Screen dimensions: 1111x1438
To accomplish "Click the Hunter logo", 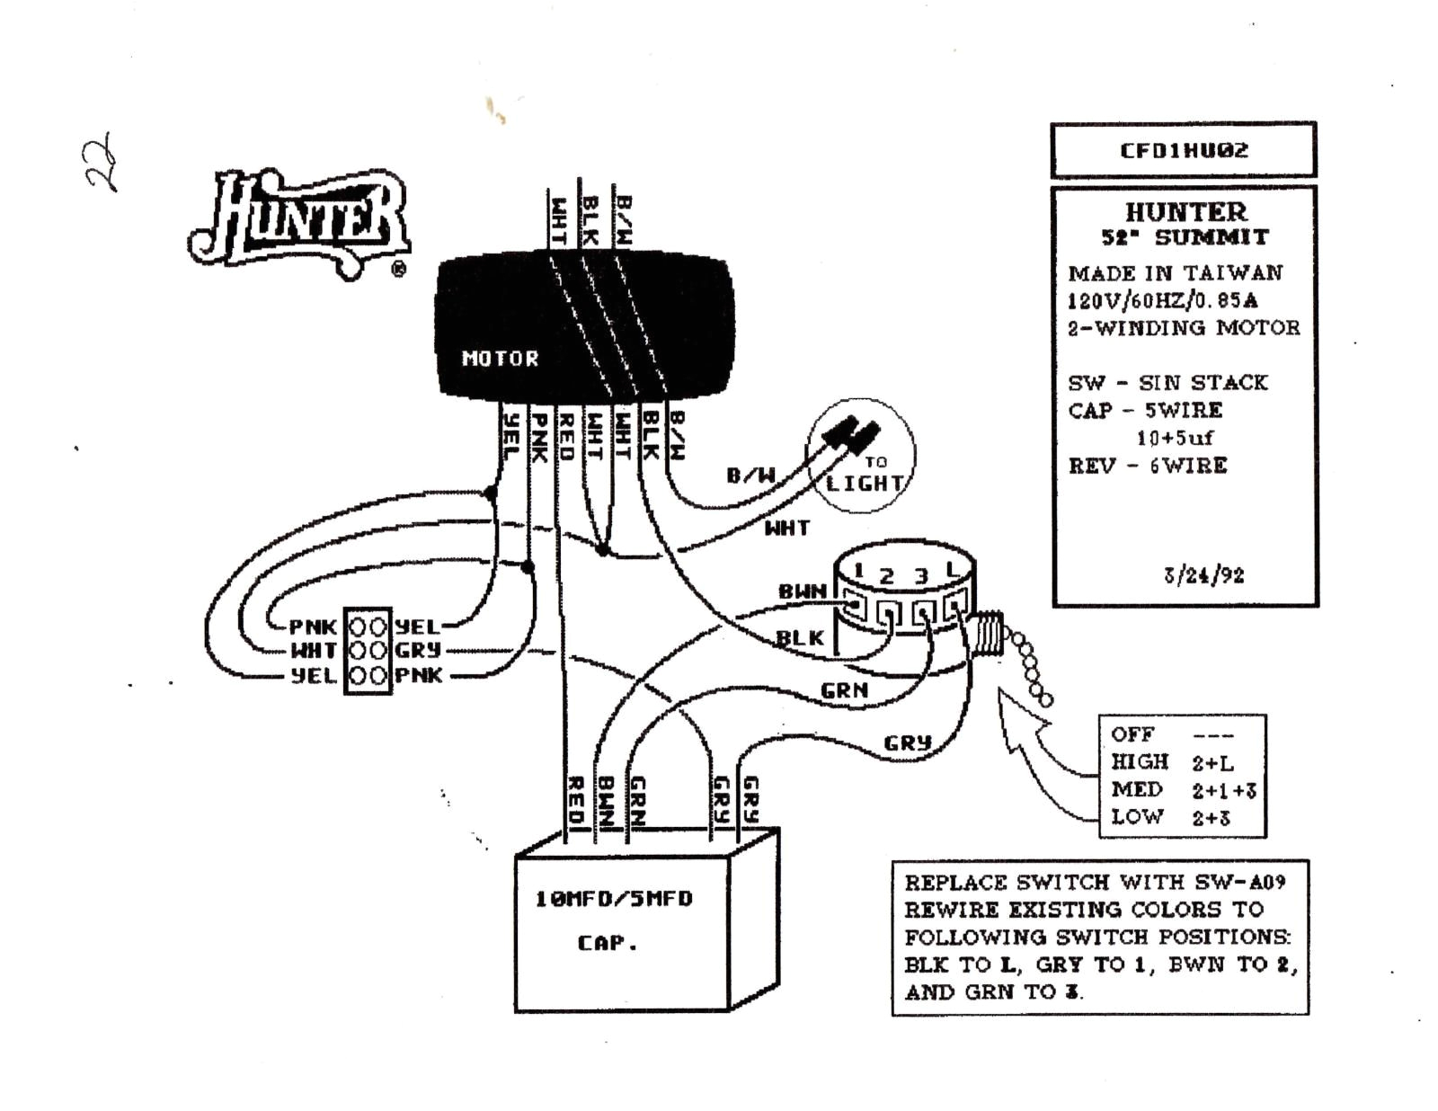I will tap(299, 223).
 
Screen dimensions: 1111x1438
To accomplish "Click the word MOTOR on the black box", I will tap(500, 359).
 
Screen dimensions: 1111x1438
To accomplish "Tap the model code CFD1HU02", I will tap(1184, 150).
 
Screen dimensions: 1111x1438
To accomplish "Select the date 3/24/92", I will tap(1203, 575).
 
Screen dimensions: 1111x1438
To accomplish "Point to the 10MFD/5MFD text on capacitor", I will tap(614, 899).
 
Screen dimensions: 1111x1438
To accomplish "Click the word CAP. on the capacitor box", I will tap(607, 943).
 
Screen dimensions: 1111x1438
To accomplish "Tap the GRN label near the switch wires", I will tap(844, 690).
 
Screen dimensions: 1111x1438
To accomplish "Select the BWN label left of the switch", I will tap(802, 591).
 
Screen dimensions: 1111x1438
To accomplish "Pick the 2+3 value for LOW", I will tap(1211, 818).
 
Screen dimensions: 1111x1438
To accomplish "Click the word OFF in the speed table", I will tap(1132, 734).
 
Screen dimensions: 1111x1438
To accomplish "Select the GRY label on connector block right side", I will tap(418, 650).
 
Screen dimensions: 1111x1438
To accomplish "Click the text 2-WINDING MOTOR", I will tap(1184, 328).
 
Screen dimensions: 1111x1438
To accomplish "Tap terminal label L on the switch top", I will tap(952, 571).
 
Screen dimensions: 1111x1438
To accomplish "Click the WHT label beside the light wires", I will tap(786, 529).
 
